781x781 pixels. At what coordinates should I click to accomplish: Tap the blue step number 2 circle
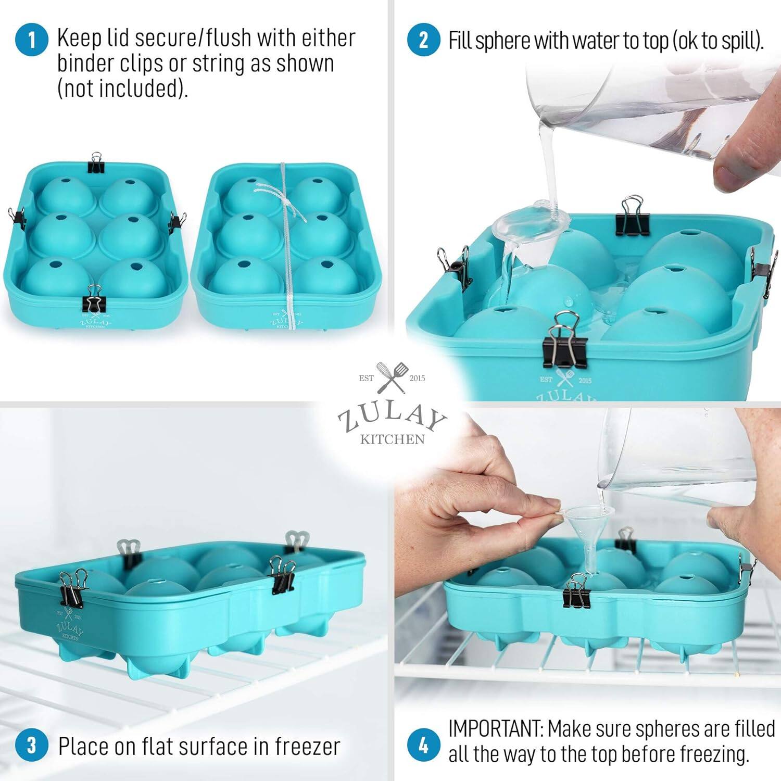pos(423,40)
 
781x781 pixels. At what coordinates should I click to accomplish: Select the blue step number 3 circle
pos(32,745)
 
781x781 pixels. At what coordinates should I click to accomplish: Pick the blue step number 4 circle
pos(423,745)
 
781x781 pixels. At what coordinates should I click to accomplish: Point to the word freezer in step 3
pos(307,747)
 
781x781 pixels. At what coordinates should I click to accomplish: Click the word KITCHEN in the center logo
pos(393,439)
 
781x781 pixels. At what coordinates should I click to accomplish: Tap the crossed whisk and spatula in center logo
pos(392,377)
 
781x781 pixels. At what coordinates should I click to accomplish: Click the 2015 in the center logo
pos(417,378)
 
